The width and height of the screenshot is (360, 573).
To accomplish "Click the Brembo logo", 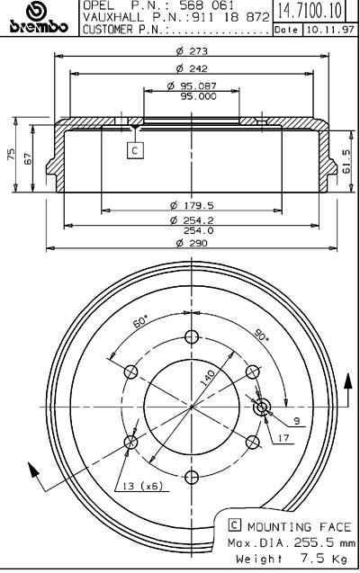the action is [39, 18].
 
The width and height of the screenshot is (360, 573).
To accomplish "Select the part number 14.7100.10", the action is [310, 10].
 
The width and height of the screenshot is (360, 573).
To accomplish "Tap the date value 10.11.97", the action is [330, 30].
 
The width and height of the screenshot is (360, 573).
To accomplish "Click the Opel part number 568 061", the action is [207, 5].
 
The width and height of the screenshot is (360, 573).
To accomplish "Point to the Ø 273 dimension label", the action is [192, 50].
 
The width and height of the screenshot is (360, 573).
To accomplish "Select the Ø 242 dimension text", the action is [192, 68].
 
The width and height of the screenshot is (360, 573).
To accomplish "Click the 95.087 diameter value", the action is [193, 86].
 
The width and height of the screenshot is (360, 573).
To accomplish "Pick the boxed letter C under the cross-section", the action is [135, 150].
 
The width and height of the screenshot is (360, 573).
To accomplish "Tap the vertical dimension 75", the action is [10, 154].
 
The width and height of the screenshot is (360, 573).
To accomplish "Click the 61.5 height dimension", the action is [346, 161].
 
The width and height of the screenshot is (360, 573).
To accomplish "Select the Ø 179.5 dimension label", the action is [192, 205].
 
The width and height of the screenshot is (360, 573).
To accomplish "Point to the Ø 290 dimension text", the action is [192, 243].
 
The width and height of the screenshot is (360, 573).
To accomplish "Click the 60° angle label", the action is [140, 321].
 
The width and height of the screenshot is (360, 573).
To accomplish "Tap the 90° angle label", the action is [261, 336].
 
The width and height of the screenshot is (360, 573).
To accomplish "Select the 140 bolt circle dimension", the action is [208, 377].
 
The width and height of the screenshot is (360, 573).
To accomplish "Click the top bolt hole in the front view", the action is [192, 337].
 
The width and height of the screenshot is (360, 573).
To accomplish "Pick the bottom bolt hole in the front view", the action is [192, 477].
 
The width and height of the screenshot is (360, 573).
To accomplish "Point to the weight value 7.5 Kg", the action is [324, 559].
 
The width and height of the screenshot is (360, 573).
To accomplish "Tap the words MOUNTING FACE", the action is [300, 526].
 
